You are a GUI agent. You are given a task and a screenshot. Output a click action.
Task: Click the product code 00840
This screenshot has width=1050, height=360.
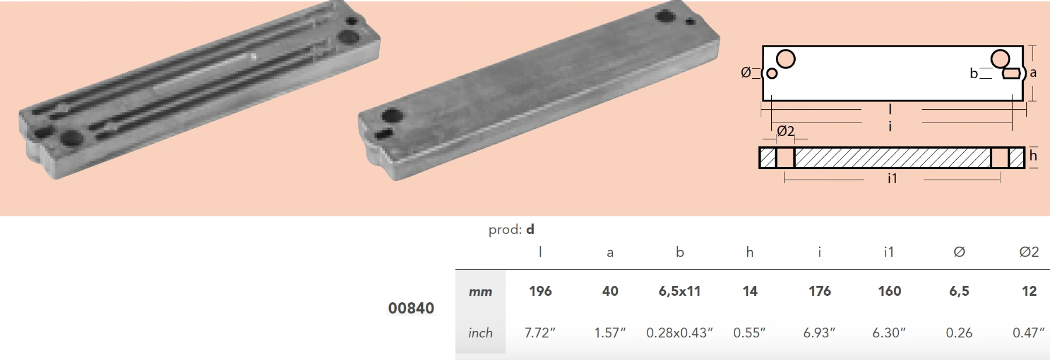[411, 308]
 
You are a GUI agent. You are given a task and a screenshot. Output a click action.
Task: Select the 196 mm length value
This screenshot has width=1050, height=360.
[540, 291]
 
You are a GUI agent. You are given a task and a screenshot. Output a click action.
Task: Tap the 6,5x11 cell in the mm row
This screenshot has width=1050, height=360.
[680, 291]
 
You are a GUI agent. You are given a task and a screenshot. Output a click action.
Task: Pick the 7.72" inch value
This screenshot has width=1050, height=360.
[540, 333]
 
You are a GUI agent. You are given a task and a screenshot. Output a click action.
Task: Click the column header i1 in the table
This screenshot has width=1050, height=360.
[888, 252]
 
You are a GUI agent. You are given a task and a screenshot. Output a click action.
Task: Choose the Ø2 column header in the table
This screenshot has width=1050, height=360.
[1029, 252]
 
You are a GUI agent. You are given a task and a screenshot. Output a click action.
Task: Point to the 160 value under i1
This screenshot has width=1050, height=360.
[890, 291]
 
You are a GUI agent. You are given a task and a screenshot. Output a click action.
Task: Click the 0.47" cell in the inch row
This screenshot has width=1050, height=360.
[1028, 333]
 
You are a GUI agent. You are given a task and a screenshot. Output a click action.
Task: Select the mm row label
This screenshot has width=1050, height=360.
[480, 292]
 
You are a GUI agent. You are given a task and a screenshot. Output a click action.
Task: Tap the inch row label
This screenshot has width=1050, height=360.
[480, 333]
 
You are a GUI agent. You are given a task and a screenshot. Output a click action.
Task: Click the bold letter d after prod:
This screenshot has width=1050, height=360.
[530, 229]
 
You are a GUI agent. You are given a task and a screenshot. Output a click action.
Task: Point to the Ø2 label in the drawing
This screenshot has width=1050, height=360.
[786, 131]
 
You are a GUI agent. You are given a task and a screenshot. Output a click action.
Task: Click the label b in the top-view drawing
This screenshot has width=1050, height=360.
[974, 74]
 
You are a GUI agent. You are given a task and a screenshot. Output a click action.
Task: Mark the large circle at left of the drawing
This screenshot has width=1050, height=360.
[786, 59]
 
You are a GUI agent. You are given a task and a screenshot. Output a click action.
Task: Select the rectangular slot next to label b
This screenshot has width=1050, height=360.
[1012, 74]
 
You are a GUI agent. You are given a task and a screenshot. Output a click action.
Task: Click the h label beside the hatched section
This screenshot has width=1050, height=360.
[1033, 155]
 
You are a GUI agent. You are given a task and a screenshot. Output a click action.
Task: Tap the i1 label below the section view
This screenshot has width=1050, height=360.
[892, 179]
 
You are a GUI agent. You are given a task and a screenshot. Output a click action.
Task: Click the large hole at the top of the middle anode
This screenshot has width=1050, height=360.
[665, 16]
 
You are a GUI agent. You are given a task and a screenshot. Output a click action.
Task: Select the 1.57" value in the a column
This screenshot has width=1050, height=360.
[610, 333]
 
